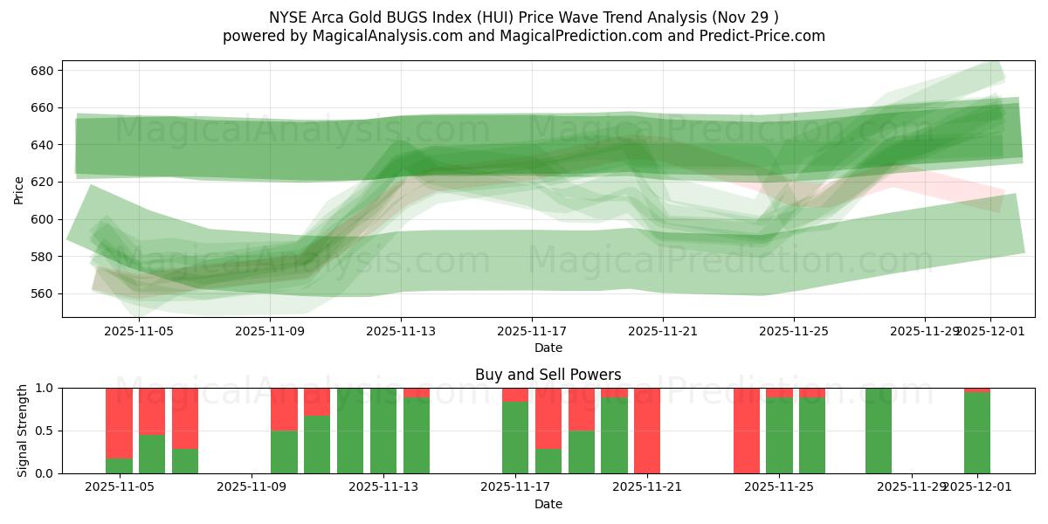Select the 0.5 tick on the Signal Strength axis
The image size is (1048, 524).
[43, 431]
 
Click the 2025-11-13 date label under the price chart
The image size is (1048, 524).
[401, 332]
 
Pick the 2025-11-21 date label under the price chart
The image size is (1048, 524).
[663, 332]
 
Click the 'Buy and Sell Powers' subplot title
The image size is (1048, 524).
[548, 375]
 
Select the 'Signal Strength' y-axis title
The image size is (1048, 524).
[23, 431]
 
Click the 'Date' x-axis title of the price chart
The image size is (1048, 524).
[548, 348]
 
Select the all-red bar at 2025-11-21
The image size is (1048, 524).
[647, 431]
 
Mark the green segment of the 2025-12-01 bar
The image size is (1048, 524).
[977, 433]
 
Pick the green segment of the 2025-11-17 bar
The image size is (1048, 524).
[515, 438]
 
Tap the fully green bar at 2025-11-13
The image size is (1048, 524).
[383, 431]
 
